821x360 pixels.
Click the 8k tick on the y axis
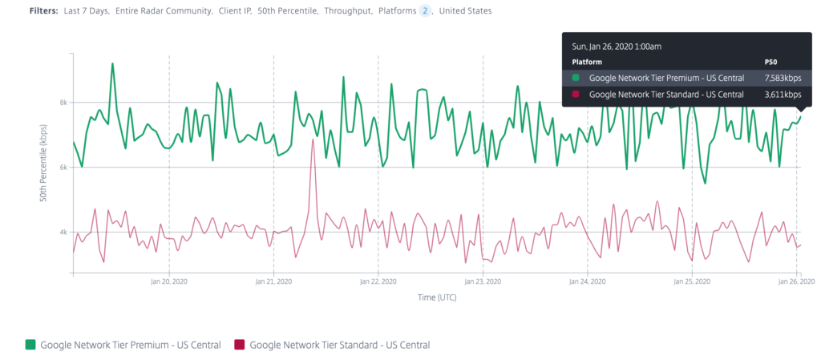click(x=62, y=103)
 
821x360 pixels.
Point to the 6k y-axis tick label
click(x=62, y=168)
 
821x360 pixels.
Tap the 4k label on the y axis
click(x=62, y=233)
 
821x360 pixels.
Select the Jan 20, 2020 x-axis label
click(x=168, y=282)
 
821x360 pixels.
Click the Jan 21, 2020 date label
click(x=273, y=282)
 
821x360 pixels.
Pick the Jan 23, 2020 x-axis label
click(x=483, y=282)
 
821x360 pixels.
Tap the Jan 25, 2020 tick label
click(x=692, y=282)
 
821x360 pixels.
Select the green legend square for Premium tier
click(x=30, y=345)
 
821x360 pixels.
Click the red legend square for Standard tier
click(x=239, y=345)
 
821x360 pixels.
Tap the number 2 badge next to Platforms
click(x=426, y=11)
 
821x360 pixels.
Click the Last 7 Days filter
click(x=86, y=11)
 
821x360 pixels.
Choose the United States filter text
click(x=466, y=11)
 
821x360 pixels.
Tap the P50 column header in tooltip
click(x=771, y=61)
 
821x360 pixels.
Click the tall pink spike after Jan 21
click(x=313, y=141)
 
